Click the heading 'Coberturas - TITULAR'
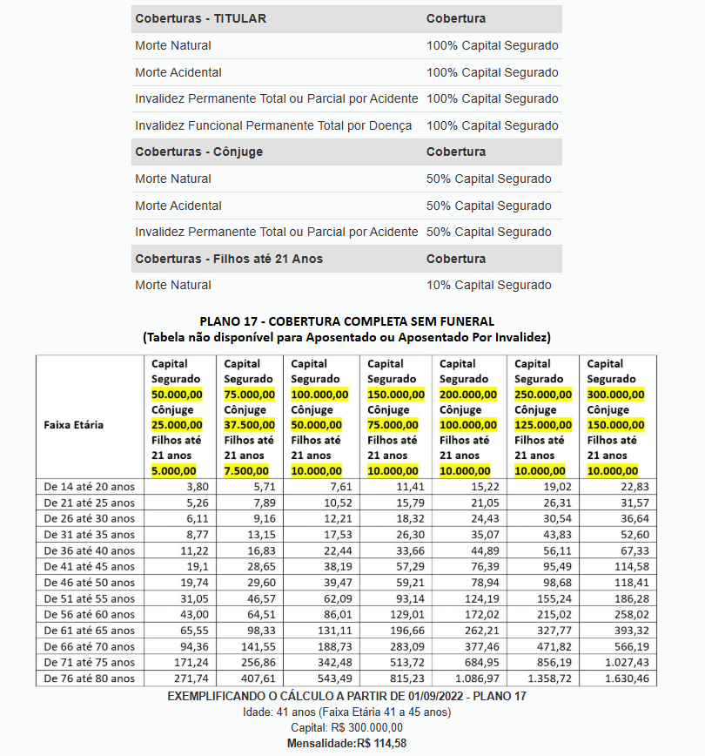pyautogui.click(x=200, y=18)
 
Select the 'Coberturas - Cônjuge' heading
pyautogui.click(x=198, y=152)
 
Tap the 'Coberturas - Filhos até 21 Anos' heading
pyautogui.click(x=228, y=259)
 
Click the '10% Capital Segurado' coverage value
pyautogui.click(x=488, y=285)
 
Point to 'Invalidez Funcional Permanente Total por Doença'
pyautogui.click(x=273, y=125)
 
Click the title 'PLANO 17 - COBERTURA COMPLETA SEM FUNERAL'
pyautogui.click(x=346, y=321)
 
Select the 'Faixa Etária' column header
pyautogui.click(x=73, y=425)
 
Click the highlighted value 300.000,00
pyautogui.click(x=615, y=395)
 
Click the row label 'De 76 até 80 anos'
pyautogui.click(x=89, y=678)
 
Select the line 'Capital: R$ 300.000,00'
pyautogui.click(x=346, y=727)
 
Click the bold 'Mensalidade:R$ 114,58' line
pyautogui.click(x=346, y=743)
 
